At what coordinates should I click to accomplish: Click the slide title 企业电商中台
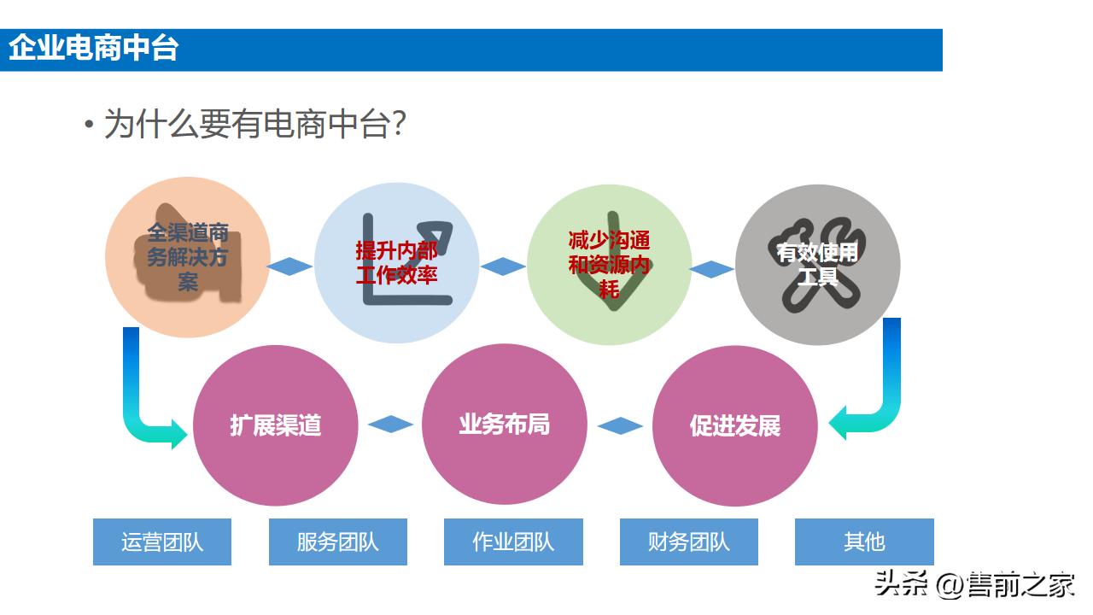[93, 49]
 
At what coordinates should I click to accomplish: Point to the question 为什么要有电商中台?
[254, 125]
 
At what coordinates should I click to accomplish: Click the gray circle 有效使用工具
[817, 264]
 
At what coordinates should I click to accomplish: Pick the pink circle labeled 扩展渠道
[275, 425]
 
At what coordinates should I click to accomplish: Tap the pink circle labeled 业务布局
[505, 425]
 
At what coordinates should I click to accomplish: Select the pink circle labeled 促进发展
[734, 425]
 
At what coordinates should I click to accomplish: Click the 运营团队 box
[162, 542]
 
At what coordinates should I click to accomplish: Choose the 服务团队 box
[338, 542]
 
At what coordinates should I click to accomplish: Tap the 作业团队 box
[513, 542]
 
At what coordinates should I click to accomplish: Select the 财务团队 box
[689, 542]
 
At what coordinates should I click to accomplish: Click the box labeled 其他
[864, 542]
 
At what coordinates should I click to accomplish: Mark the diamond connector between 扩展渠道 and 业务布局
[390, 424]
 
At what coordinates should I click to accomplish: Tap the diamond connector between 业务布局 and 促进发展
[620, 425]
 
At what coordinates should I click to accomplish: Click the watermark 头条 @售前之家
[974, 586]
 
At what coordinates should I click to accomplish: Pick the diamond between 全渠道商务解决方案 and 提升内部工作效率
[290, 266]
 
